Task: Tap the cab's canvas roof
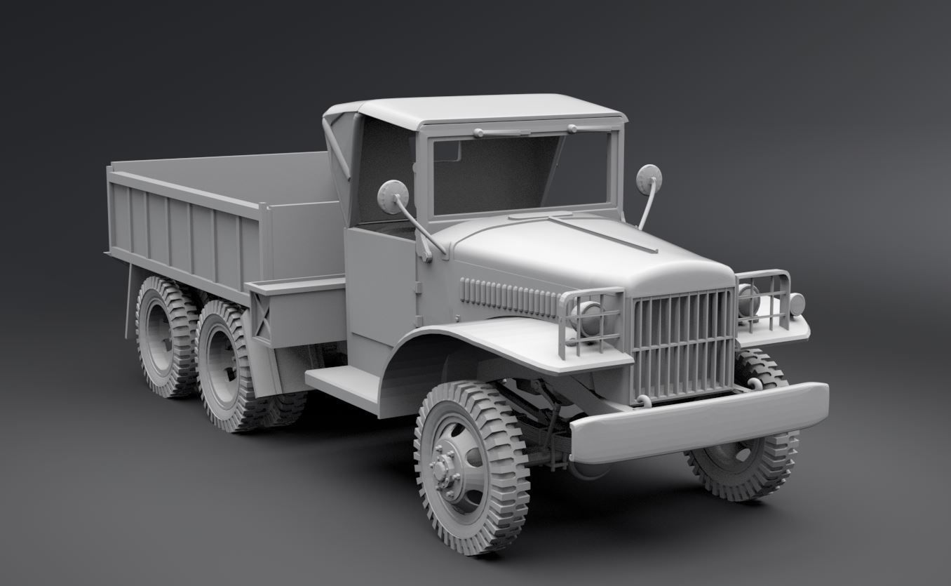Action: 484,109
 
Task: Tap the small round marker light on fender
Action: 797,304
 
